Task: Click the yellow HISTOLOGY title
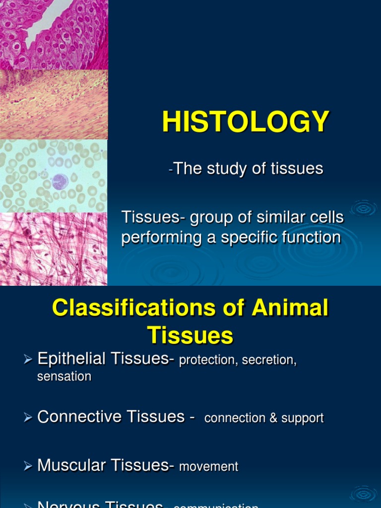pyautogui.click(x=246, y=122)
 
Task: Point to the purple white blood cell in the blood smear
pyautogui.click(x=60, y=182)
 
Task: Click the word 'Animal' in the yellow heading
pyautogui.click(x=290, y=308)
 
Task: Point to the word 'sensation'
pyautogui.click(x=64, y=377)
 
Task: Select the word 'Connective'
pyautogui.click(x=77, y=417)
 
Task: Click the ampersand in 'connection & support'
pyautogui.click(x=273, y=418)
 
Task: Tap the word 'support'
pyautogui.click(x=302, y=419)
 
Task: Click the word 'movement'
pyautogui.click(x=208, y=467)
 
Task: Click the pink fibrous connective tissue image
pyautogui.click(x=54, y=249)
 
